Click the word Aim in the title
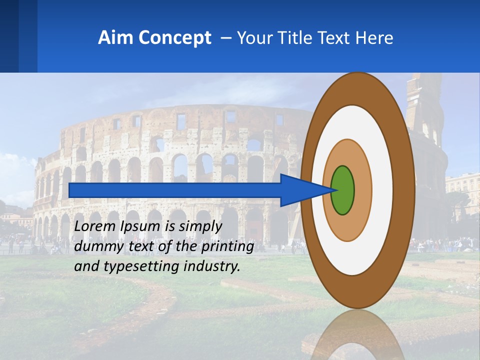pyautogui.click(x=113, y=38)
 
